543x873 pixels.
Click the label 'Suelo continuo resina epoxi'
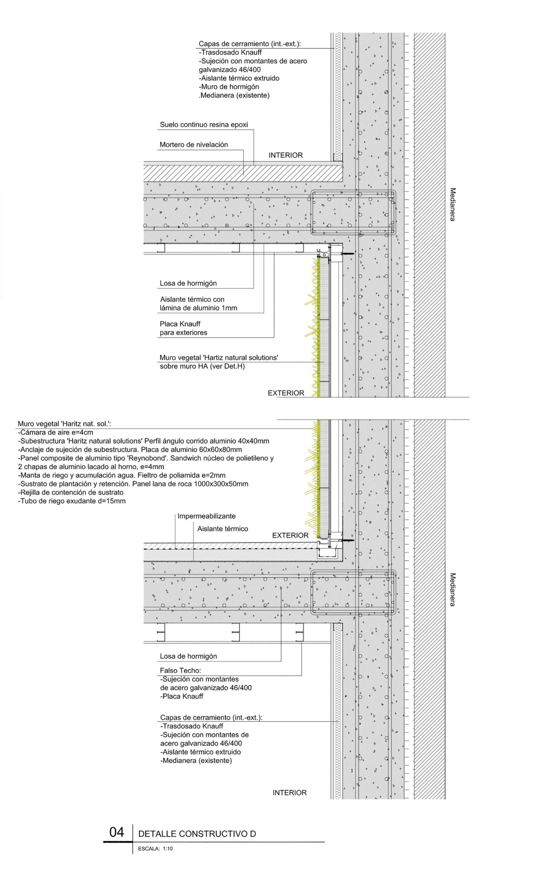(x=204, y=125)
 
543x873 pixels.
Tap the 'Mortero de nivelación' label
(x=194, y=145)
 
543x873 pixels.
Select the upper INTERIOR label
(x=286, y=156)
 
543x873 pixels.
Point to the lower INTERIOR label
(x=289, y=793)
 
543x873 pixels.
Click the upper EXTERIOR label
(x=286, y=393)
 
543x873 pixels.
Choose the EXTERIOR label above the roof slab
(x=290, y=535)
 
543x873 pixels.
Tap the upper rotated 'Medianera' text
(x=453, y=204)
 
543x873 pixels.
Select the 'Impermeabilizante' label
(x=206, y=516)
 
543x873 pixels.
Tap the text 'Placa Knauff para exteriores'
(x=183, y=328)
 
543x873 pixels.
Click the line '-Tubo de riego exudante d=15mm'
(x=72, y=501)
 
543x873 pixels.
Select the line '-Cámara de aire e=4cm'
(x=55, y=432)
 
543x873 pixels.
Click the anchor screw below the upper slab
(x=348, y=254)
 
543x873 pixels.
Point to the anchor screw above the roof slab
(x=348, y=540)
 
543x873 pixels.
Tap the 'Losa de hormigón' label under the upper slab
(x=188, y=283)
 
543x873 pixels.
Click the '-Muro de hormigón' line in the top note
(x=229, y=87)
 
